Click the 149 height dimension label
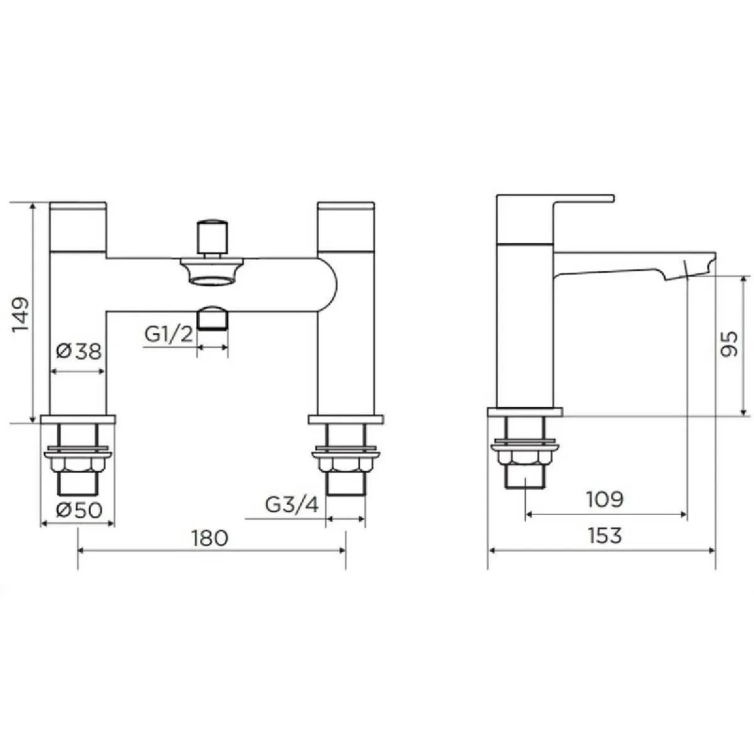click(x=21, y=314)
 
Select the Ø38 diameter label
click(x=79, y=351)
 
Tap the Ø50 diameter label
click(x=79, y=510)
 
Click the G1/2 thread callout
click(x=168, y=334)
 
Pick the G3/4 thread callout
click(x=292, y=505)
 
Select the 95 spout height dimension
click(x=729, y=344)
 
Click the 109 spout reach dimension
click(x=604, y=500)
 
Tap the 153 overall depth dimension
click(x=604, y=535)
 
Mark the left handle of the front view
click(x=78, y=226)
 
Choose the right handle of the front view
click(x=346, y=226)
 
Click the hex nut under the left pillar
click(x=78, y=465)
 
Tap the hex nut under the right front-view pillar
click(x=346, y=465)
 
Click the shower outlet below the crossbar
click(x=212, y=318)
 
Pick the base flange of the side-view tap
click(x=525, y=412)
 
